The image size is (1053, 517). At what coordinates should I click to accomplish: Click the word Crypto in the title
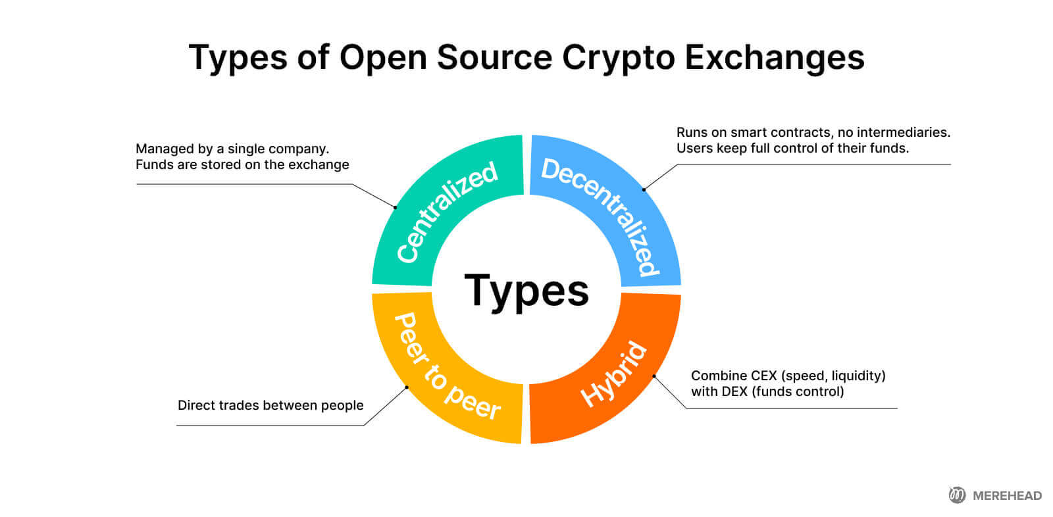point(618,58)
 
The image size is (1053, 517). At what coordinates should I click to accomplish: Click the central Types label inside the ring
point(526,291)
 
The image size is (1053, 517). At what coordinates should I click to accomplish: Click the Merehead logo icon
point(957,495)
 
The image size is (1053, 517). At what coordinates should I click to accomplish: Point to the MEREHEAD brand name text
point(1007,496)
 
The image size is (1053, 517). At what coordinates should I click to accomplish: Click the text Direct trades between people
point(270,405)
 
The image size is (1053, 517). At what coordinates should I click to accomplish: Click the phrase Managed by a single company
point(232,149)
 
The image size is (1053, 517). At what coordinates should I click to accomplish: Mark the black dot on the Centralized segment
point(396,207)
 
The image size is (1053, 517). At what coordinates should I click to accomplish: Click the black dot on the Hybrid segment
point(654,376)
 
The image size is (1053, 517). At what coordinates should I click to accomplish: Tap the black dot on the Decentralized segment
point(644,189)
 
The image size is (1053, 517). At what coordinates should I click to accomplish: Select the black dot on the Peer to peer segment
point(407,387)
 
